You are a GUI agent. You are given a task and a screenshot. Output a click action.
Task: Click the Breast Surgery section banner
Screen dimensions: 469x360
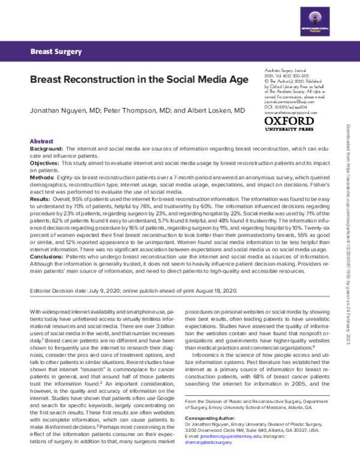click(56, 52)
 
